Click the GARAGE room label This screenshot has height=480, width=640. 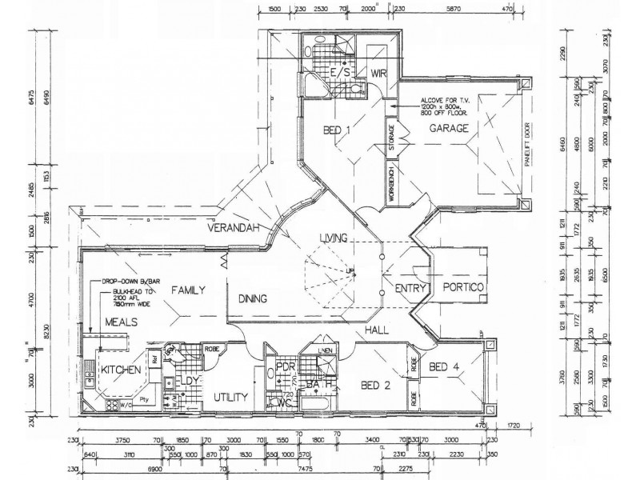click(448, 128)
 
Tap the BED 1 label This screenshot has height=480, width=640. click(338, 130)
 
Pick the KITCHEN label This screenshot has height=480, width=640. click(120, 370)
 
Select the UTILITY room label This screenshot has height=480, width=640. click(232, 396)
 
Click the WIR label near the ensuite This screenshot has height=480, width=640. click(378, 74)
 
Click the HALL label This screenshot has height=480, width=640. click(377, 329)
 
